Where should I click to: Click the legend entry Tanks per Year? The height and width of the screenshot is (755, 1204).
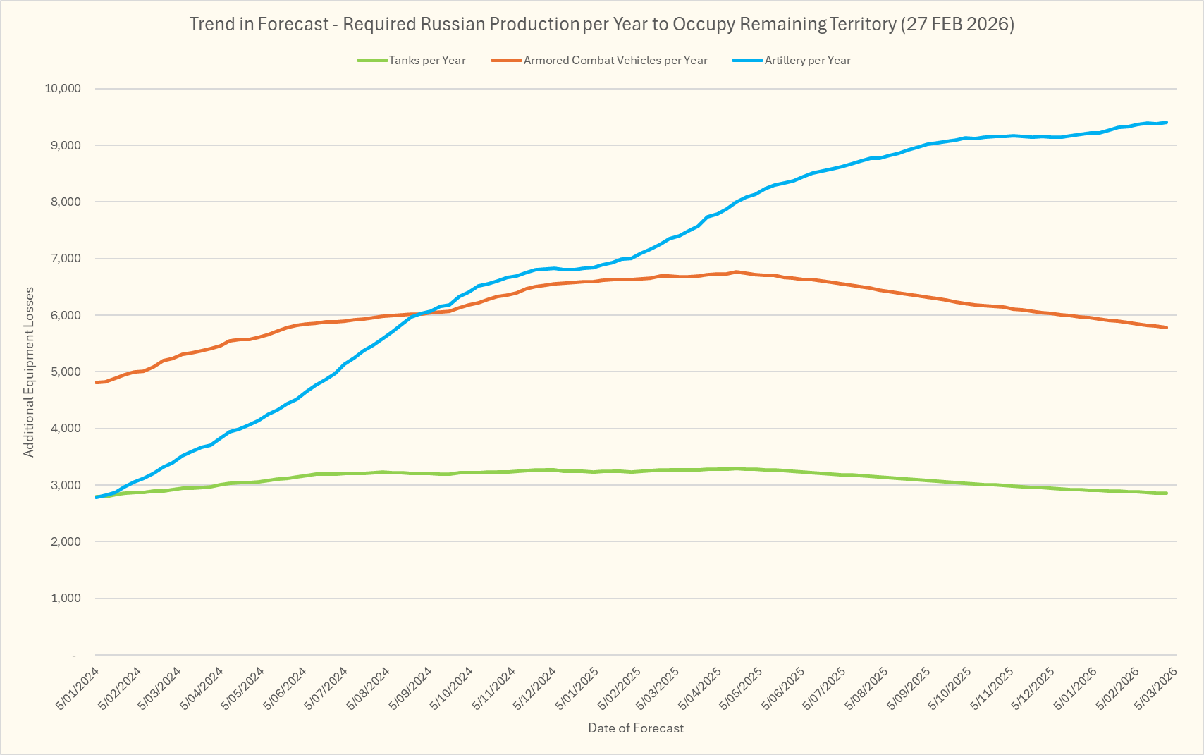pyautogui.click(x=427, y=61)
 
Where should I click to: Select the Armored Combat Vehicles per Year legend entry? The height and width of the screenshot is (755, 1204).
pyautogui.click(x=615, y=61)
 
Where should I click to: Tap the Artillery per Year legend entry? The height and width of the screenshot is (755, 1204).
pyautogui.click(x=807, y=61)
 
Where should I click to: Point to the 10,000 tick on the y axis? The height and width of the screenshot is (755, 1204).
pyautogui.click(x=63, y=89)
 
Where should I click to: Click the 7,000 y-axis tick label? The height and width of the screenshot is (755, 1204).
pyautogui.click(x=66, y=259)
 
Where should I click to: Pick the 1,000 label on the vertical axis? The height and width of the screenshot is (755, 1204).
pyautogui.click(x=66, y=599)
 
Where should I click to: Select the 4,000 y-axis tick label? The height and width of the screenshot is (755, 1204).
pyautogui.click(x=66, y=429)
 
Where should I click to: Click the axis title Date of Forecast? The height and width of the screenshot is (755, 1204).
pyautogui.click(x=636, y=728)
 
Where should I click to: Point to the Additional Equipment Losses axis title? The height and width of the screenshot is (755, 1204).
pyautogui.click(x=29, y=372)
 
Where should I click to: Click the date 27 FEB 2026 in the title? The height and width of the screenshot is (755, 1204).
pyautogui.click(x=957, y=24)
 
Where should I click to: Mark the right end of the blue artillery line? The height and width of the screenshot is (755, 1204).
pyautogui.click(x=1167, y=123)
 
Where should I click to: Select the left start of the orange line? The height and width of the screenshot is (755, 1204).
pyautogui.click(x=96, y=382)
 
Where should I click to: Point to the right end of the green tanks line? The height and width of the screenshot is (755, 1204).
pyautogui.click(x=1167, y=493)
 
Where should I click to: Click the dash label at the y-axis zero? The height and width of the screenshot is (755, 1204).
pyautogui.click(x=74, y=656)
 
